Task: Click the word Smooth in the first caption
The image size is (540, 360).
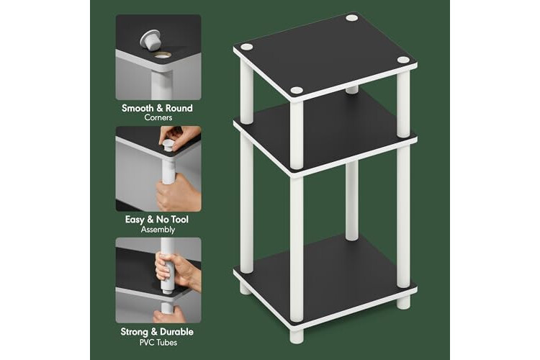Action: (x=138, y=108)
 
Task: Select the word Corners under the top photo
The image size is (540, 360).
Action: (x=158, y=117)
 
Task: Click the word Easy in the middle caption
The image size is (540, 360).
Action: (x=135, y=220)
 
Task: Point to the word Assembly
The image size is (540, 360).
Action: (x=158, y=230)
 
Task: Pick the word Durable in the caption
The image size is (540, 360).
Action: (x=176, y=332)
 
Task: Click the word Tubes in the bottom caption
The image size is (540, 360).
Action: (x=168, y=343)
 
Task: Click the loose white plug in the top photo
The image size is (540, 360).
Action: (x=150, y=40)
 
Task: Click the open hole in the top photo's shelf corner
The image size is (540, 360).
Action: (x=162, y=55)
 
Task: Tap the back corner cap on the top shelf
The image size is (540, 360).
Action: (x=351, y=17)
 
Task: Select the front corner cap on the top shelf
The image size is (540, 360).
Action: (x=297, y=91)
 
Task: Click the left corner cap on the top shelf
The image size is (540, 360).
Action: (x=246, y=48)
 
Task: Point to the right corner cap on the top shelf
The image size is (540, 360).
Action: (x=403, y=60)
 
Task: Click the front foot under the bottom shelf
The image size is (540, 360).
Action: (x=297, y=336)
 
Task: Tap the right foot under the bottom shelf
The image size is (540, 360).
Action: (x=403, y=302)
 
